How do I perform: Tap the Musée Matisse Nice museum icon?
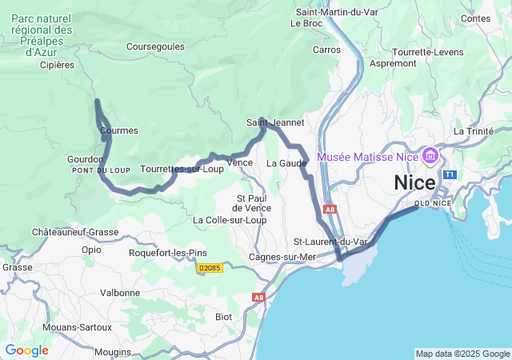[x=430, y=154]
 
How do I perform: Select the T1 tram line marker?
[x=450, y=174]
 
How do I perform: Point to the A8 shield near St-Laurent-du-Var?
[x=330, y=210]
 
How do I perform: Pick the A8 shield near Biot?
[x=258, y=297]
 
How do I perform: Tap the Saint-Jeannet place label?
[x=275, y=122]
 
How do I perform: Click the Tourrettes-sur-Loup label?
[x=182, y=169]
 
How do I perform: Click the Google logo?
[x=26, y=350]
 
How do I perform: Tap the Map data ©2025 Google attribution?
[x=462, y=354]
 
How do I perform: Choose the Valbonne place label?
[x=120, y=293]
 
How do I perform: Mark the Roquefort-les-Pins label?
[x=169, y=253]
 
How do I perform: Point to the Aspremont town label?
[x=392, y=62]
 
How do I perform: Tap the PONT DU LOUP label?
[x=100, y=170]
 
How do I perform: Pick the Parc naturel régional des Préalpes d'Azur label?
[x=42, y=34]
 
